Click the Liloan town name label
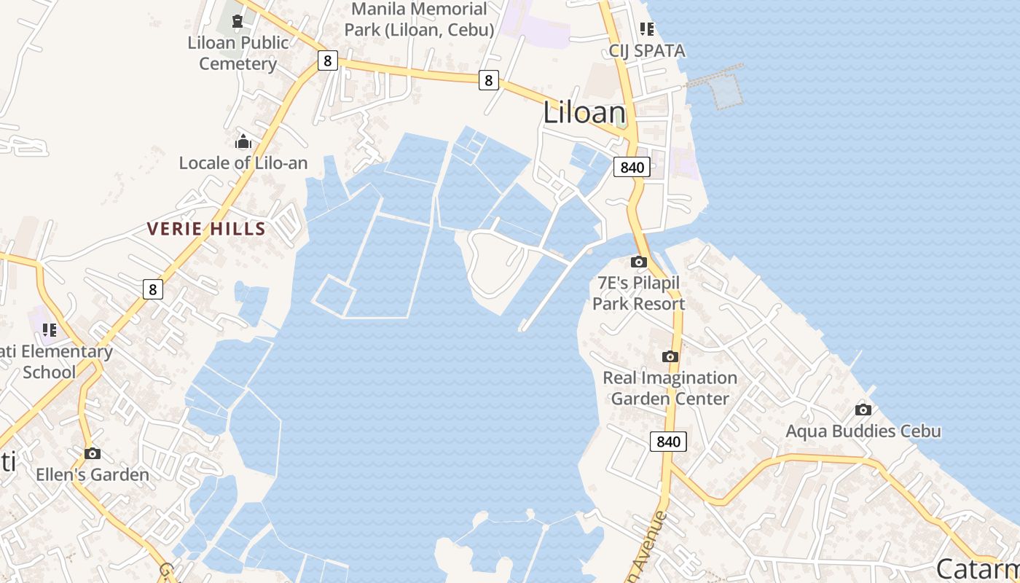[x=584, y=113]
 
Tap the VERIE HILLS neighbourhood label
[x=206, y=229]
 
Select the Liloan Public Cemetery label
[x=238, y=53]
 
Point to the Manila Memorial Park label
[x=419, y=20]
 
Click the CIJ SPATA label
[x=648, y=51]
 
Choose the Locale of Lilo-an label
[x=243, y=163]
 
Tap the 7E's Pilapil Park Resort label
[x=639, y=293]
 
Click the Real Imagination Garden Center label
[x=670, y=388]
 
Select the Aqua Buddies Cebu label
[x=863, y=431]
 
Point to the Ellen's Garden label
[x=93, y=474]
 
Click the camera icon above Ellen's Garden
[x=92, y=453]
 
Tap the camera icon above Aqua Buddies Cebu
[x=863, y=410]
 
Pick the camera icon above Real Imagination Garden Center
[x=670, y=356]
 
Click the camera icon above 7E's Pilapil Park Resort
[x=639, y=262]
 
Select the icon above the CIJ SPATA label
[x=647, y=29]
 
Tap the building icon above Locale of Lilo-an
[x=243, y=141]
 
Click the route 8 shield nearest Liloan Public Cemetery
[x=327, y=60]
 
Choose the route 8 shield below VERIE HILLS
[x=152, y=289]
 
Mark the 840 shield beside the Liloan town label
[x=631, y=167]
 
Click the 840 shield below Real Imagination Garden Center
[x=668, y=441]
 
